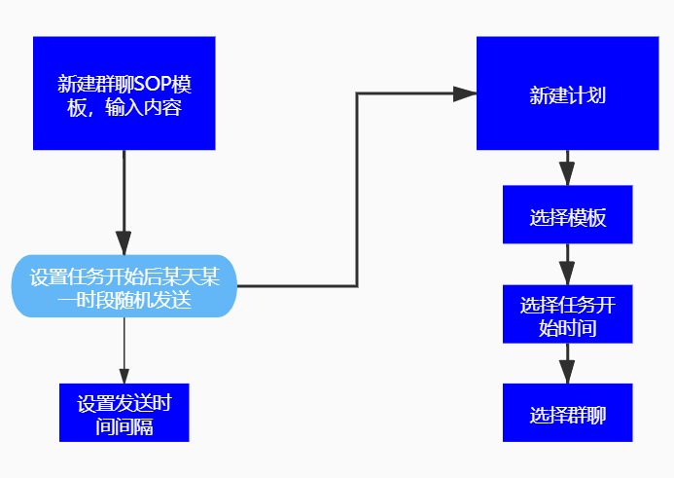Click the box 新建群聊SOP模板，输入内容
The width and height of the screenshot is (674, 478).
(x=124, y=93)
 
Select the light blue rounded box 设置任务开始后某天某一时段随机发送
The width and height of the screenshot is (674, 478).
(x=124, y=286)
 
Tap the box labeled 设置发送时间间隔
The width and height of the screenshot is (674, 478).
(x=124, y=413)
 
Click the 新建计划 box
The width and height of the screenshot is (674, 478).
(x=568, y=93)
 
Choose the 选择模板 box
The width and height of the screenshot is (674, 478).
(x=568, y=215)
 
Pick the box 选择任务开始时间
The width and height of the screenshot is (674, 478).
(x=568, y=314)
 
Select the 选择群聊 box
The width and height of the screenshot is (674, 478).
(x=568, y=413)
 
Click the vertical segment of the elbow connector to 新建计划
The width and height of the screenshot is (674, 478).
(x=358, y=190)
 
